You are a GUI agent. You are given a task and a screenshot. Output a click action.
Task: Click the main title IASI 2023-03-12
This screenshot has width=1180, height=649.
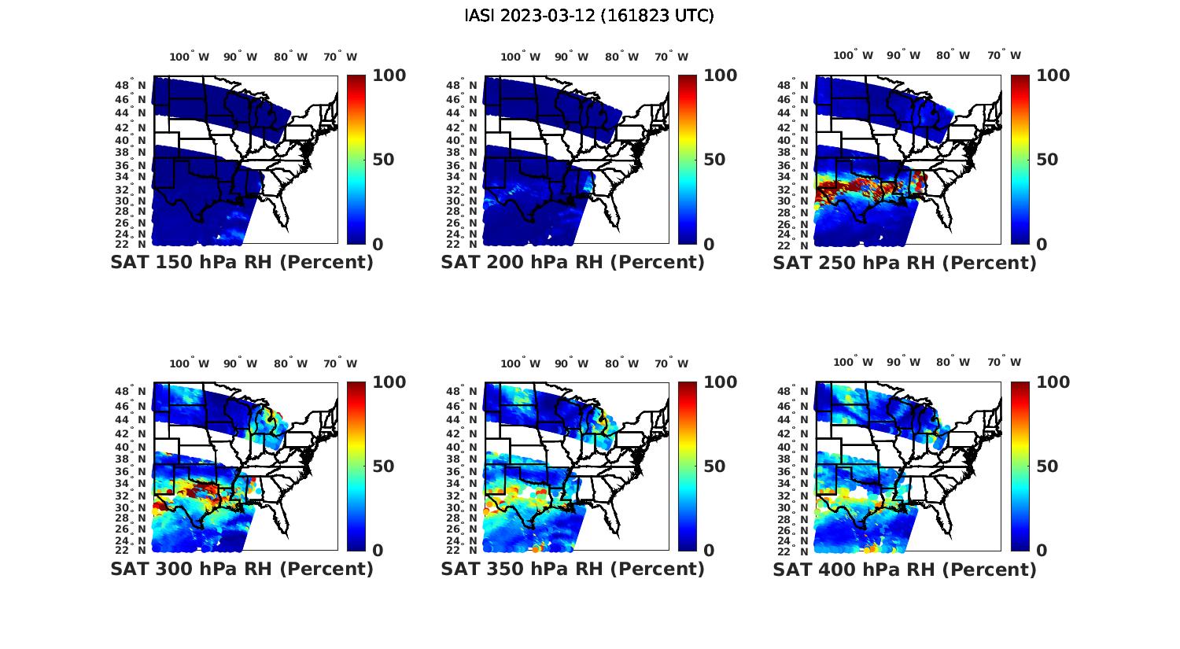click(x=589, y=16)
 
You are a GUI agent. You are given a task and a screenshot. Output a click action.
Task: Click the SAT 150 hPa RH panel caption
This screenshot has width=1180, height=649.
click(x=242, y=263)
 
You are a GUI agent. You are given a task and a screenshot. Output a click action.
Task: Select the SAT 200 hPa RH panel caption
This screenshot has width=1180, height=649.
click(x=573, y=263)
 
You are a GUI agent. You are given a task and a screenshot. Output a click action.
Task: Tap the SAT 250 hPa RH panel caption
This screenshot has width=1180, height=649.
click(x=905, y=263)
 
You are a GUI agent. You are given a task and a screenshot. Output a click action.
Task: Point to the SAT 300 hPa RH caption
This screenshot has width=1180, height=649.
click(x=242, y=569)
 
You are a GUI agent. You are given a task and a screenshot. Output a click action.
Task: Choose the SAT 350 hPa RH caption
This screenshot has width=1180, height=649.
click(x=573, y=569)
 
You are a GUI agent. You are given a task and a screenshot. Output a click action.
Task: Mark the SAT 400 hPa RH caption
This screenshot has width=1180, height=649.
click(x=905, y=569)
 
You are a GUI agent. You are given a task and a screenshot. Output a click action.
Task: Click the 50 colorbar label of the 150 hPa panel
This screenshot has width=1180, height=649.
click(x=383, y=160)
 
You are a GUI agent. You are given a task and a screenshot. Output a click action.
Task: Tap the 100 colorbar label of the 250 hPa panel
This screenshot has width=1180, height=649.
click(x=1053, y=76)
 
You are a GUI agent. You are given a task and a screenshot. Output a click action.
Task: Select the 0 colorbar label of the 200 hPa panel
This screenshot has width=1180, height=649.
click(x=709, y=245)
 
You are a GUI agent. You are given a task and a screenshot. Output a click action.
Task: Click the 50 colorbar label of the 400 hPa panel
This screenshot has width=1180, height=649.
click(x=1047, y=466)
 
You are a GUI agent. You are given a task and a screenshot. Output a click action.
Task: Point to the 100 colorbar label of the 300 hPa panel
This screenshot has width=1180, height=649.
click(x=389, y=382)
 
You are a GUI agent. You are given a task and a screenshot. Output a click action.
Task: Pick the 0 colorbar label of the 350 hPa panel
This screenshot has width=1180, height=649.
click(x=709, y=551)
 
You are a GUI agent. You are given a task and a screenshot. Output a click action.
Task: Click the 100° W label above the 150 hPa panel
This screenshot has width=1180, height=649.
click(x=190, y=57)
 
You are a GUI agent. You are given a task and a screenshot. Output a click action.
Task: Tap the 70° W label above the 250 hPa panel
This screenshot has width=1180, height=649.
click(x=1004, y=56)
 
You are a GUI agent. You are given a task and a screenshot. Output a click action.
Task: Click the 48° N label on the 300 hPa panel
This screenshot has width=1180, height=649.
click(x=131, y=391)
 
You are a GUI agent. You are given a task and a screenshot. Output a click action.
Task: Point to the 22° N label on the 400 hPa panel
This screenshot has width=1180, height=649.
click(x=794, y=550)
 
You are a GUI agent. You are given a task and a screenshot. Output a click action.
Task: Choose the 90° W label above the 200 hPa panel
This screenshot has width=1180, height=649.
click(x=571, y=57)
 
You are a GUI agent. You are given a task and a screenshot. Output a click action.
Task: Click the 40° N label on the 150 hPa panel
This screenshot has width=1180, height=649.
click(x=131, y=140)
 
